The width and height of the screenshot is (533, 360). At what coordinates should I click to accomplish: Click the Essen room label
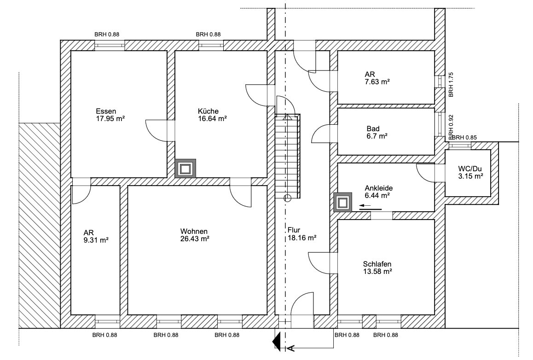click(106, 111)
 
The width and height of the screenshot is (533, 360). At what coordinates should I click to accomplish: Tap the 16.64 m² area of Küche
click(213, 119)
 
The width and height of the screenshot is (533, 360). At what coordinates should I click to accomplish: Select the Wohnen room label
click(194, 231)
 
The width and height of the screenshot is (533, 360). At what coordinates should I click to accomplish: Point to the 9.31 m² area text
click(96, 240)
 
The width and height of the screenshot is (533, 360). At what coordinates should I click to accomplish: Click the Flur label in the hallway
click(294, 230)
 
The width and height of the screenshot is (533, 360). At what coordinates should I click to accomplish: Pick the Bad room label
click(373, 128)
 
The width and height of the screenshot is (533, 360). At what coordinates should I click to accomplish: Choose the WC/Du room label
click(470, 168)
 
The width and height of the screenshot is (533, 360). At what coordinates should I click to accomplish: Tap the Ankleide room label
click(379, 188)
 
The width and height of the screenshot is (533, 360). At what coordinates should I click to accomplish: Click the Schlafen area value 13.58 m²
click(377, 271)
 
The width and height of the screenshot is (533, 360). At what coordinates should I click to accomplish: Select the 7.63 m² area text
click(377, 81)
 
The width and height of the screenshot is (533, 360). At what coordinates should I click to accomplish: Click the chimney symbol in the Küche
click(185, 168)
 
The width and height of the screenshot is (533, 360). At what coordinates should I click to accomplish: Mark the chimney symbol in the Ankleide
click(342, 203)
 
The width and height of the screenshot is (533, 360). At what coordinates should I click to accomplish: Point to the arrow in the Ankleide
click(371, 206)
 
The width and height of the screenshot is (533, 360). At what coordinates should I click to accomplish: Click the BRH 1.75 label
click(451, 85)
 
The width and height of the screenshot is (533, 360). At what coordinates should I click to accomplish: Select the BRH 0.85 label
click(464, 138)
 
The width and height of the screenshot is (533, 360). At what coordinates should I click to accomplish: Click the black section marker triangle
click(277, 342)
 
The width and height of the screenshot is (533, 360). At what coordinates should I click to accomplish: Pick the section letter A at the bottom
click(291, 348)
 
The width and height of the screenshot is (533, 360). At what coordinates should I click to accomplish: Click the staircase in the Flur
click(288, 156)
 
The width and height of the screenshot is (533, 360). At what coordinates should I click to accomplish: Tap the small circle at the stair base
click(288, 197)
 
